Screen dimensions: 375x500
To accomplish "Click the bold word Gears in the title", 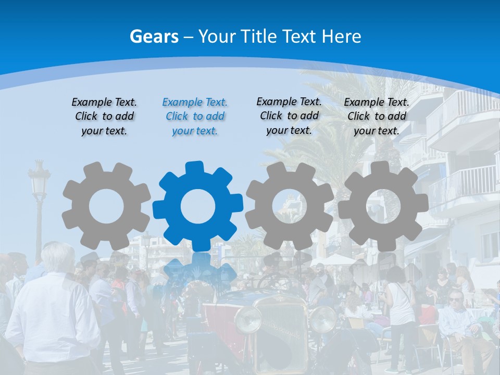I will point(154,36).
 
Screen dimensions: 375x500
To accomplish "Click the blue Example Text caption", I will point(195,117).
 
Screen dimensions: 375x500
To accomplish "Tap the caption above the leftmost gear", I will point(104,117).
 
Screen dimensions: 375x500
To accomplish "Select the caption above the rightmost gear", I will point(377,117).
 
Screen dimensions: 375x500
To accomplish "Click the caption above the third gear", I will point(289,116).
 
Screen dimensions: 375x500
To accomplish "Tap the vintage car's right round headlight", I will point(323,319).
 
